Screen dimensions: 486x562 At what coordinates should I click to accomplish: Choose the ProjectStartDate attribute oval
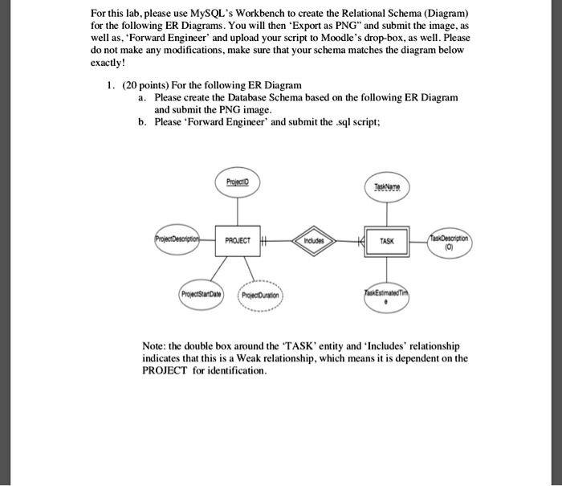(199, 293)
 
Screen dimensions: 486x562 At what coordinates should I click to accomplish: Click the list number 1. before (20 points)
(112, 85)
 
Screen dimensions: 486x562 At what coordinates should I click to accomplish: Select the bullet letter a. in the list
(141, 97)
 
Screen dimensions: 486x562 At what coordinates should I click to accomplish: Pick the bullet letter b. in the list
(141, 122)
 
